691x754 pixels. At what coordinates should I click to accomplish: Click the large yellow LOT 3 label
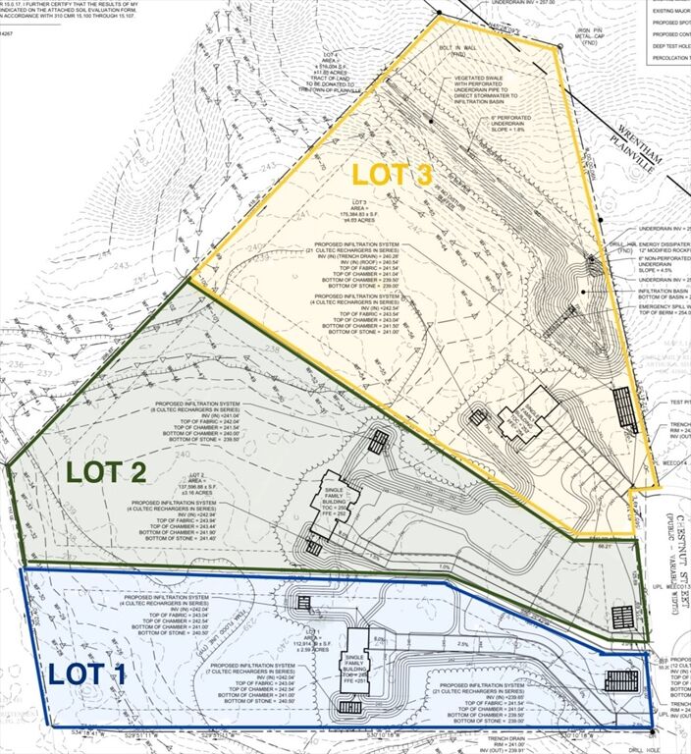coord(393,176)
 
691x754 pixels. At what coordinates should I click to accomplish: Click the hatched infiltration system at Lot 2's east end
coord(622,616)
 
